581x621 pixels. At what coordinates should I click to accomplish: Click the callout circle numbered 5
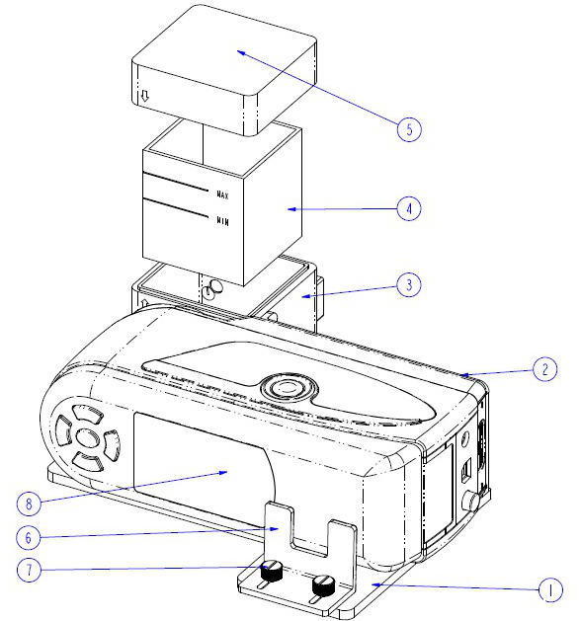tap(409, 129)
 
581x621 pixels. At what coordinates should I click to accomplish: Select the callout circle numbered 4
tap(409, 208)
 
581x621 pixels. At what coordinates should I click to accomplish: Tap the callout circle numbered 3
tap(409, 284)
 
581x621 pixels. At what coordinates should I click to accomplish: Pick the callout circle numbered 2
tap(545, 369)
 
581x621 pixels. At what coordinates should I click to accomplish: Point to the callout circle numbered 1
tap(551, 589)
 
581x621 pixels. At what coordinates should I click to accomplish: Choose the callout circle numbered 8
tap(29, 504)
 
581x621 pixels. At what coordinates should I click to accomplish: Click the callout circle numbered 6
tap(28, 538)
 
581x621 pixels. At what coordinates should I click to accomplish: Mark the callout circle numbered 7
tap(29, 570)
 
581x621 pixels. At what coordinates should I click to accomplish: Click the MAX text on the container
tap(222, 194)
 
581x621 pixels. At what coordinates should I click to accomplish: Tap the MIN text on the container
tap(222, 220)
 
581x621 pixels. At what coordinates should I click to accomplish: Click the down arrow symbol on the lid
tap(144, 96)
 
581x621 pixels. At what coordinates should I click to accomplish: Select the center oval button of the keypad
tap(87, 437)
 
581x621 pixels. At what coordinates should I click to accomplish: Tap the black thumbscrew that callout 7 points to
tap(272, 571)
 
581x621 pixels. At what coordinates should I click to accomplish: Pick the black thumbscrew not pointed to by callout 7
tap(323, 584)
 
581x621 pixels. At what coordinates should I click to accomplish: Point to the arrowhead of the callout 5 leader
tap(237, 50)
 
